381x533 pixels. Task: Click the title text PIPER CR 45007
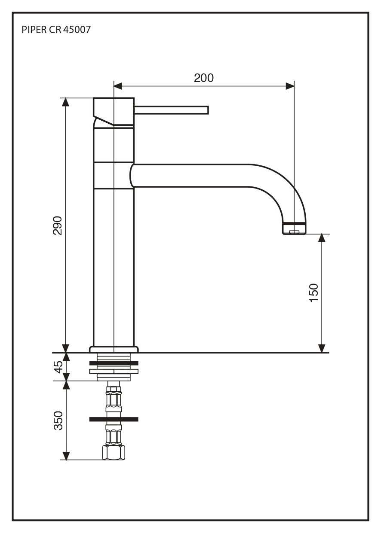click(56, 30)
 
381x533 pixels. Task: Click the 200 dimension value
click(203, 78)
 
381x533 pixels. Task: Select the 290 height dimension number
click(58, 225)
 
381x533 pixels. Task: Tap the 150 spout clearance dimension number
click(314, 293)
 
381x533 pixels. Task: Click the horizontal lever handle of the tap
click(171, 110)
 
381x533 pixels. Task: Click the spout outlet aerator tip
click(294, 229)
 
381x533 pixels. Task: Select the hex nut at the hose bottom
click(114, 453)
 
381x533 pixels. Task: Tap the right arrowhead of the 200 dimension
click(290, 86)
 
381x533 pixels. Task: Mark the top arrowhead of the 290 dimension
click(65, 102)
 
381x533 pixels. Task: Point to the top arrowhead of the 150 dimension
click(322, 238)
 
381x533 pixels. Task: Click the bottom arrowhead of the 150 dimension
click(322, 348)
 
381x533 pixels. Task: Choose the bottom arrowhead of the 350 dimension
click(66, 456)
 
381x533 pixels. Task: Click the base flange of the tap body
click(114, 349)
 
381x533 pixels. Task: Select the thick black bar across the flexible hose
click(114, 419)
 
